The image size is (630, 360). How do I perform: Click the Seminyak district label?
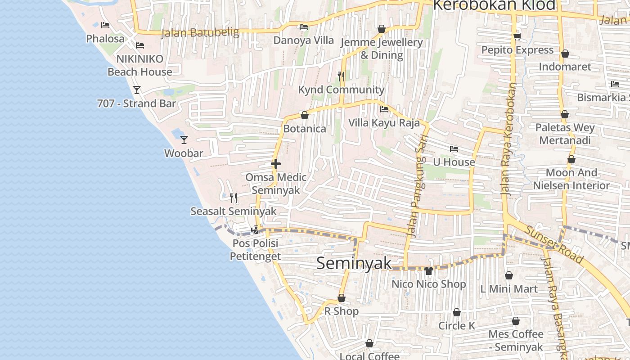pos(354,263)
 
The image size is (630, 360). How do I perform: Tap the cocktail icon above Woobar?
pos(184,139)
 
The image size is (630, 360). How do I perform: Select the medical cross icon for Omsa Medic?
pos(276,164)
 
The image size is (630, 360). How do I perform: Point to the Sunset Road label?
pos(554,245)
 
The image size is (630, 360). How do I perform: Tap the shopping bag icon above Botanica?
pos(305,115)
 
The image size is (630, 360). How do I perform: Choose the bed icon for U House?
pos(454,149)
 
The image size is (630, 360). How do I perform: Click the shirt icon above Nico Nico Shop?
pos(428,270)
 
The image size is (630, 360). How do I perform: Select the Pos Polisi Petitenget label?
pos(255,250)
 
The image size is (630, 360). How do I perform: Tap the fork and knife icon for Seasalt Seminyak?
pos(233,198)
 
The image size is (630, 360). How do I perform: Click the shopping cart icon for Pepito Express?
pos(517,36)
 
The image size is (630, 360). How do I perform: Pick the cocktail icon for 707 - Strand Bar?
pos(137,90)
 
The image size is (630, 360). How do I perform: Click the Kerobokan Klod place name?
pos(494,5)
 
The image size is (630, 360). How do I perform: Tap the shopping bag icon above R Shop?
pos(341,298)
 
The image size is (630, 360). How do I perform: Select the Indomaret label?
pos(565,67)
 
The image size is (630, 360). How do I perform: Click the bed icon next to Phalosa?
pos(105,25)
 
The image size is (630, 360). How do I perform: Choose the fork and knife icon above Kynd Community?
pos(341,76)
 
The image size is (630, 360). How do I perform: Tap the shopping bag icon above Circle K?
pos(457,312)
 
